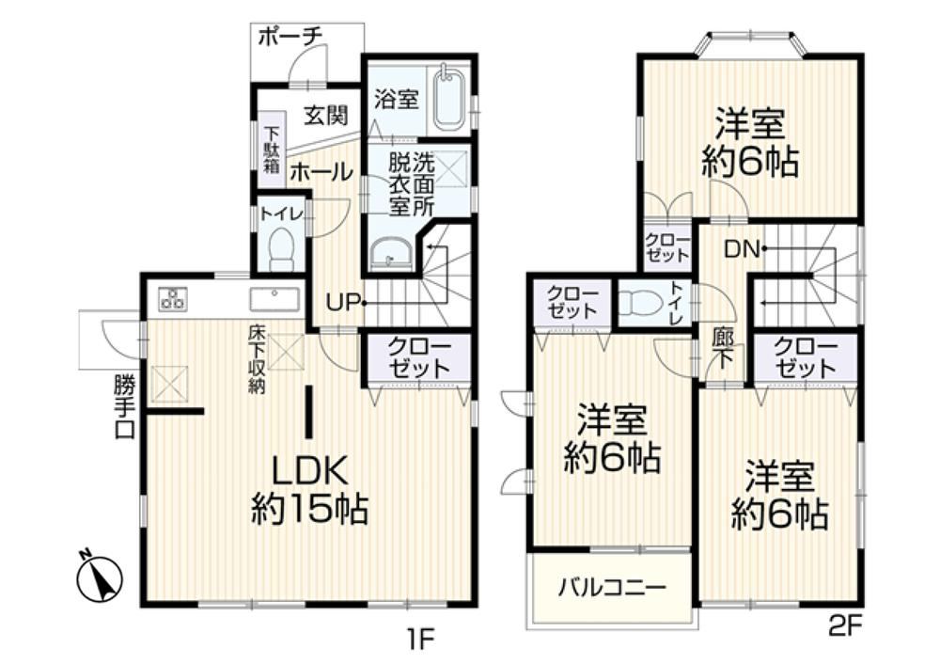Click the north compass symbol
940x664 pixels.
[100, 577]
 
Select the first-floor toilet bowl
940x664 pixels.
[280, 249]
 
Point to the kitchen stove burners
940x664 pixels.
[173, 298]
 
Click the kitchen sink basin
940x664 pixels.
[274, 299]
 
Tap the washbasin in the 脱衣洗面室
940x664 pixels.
[390, 252]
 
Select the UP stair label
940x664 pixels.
[343, 303]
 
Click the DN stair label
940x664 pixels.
[742, 248]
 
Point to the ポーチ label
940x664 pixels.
[290, 37]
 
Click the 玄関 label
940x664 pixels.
[325, 115]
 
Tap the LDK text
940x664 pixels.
[309, 471]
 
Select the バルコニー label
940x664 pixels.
[612, 587]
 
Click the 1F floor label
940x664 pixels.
[420, 640]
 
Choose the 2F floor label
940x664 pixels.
[845, 627]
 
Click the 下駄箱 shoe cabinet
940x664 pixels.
[272, 150]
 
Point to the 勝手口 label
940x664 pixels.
[125, 407]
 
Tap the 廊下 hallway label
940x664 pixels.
[723, 349]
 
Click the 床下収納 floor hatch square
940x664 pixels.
[286, 352]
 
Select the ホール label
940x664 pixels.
[321, 173]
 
